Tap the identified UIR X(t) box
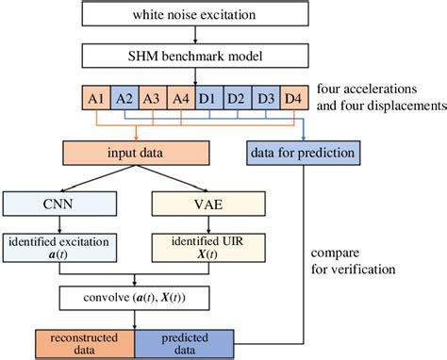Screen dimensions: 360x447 [203, 249]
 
